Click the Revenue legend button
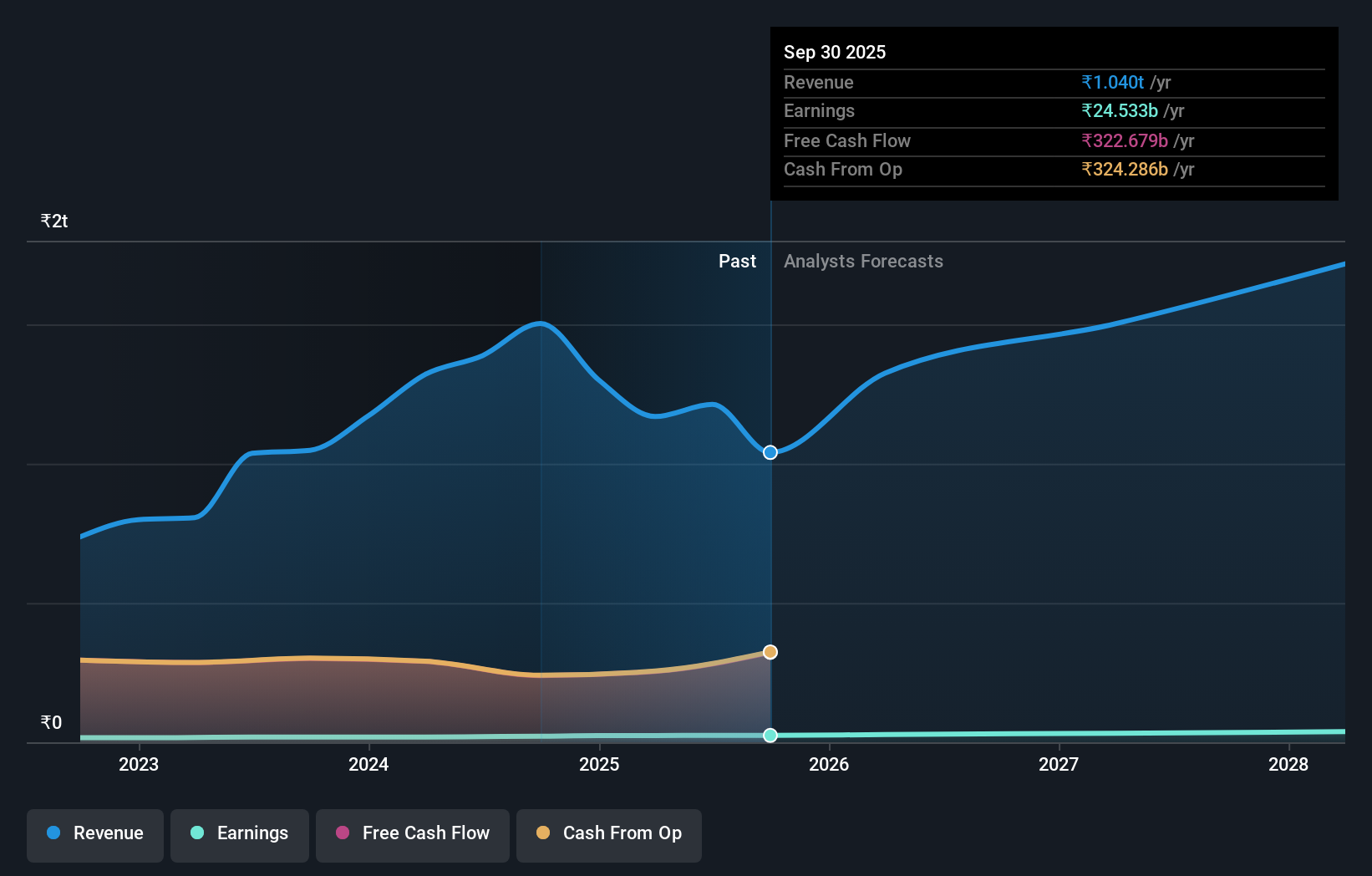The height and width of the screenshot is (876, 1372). pos(95,834)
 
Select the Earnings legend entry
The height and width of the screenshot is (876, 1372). pos(240,834)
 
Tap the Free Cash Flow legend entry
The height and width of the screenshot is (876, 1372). pos(413,834)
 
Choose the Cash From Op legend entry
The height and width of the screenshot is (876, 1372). pos(609,834)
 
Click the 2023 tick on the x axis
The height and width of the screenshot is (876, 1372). pos(139,765)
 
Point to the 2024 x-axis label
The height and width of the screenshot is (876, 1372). pos(368,765)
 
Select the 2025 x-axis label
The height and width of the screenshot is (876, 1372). pos(599,765)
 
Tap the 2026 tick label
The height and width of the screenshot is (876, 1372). pos(829,765)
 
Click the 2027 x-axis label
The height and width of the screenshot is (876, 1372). pos(1059,765)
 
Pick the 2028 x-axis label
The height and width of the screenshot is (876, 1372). pos(1288,765)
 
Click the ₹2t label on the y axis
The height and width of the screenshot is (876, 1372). pos(54,222)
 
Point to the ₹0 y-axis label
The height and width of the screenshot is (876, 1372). pos(52,723)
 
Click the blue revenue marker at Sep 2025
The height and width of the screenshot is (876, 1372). pos(770,452)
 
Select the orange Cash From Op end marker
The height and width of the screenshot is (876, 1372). pos(770,652)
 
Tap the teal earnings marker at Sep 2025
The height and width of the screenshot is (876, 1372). pos(770,736)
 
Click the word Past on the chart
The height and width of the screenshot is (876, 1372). pos(737,262)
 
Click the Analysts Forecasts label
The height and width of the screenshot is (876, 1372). pos(863,262)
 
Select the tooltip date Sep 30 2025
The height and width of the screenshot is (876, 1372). pos(835,53)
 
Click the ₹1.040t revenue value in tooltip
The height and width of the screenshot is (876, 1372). pos(1112,83)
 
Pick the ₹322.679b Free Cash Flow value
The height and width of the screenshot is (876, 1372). pos(1125,141)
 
